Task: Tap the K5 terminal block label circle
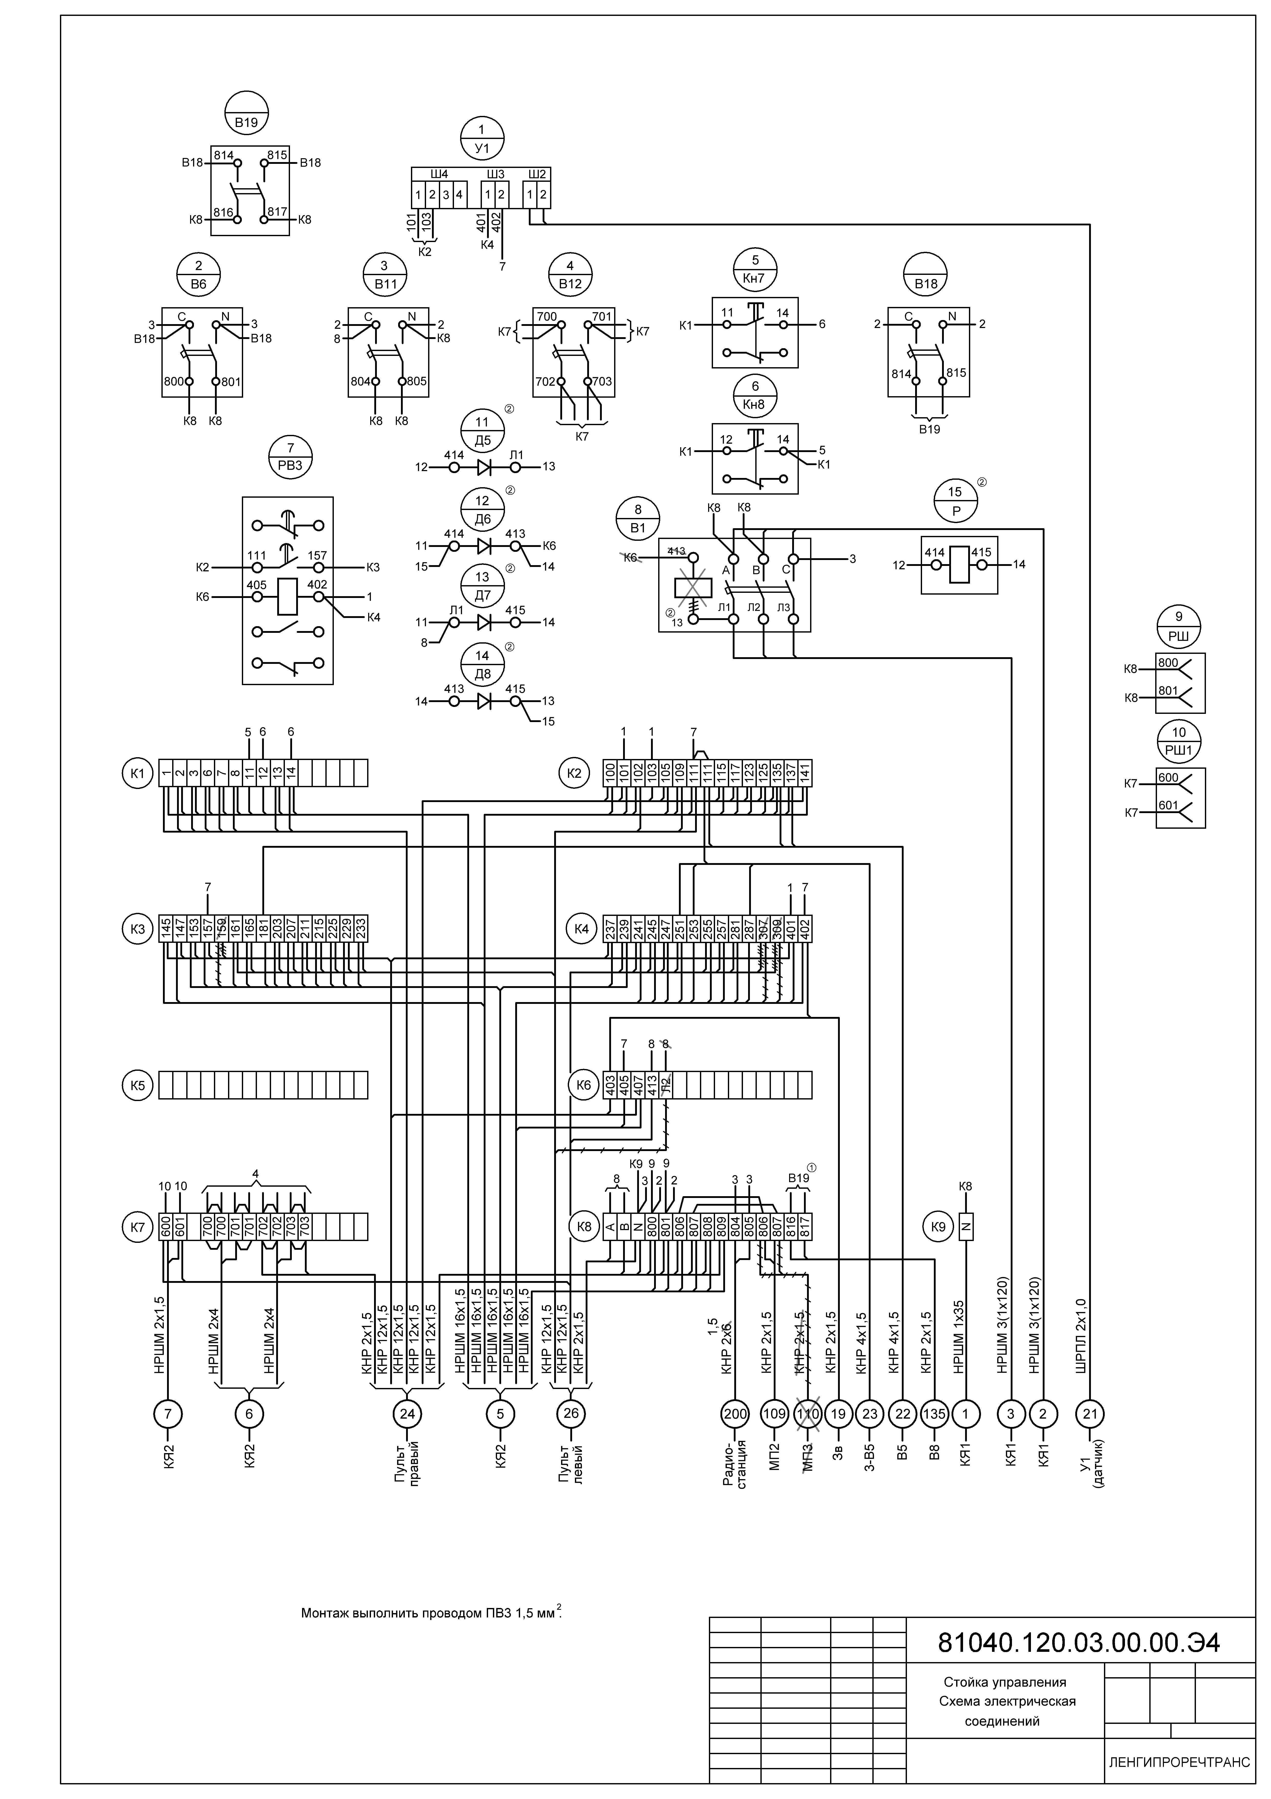tap(138, 1085)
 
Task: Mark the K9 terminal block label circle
tap(938, 1226)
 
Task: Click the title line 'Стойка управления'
tap(1005, 1682)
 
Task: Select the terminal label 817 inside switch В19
tap(278, 212)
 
